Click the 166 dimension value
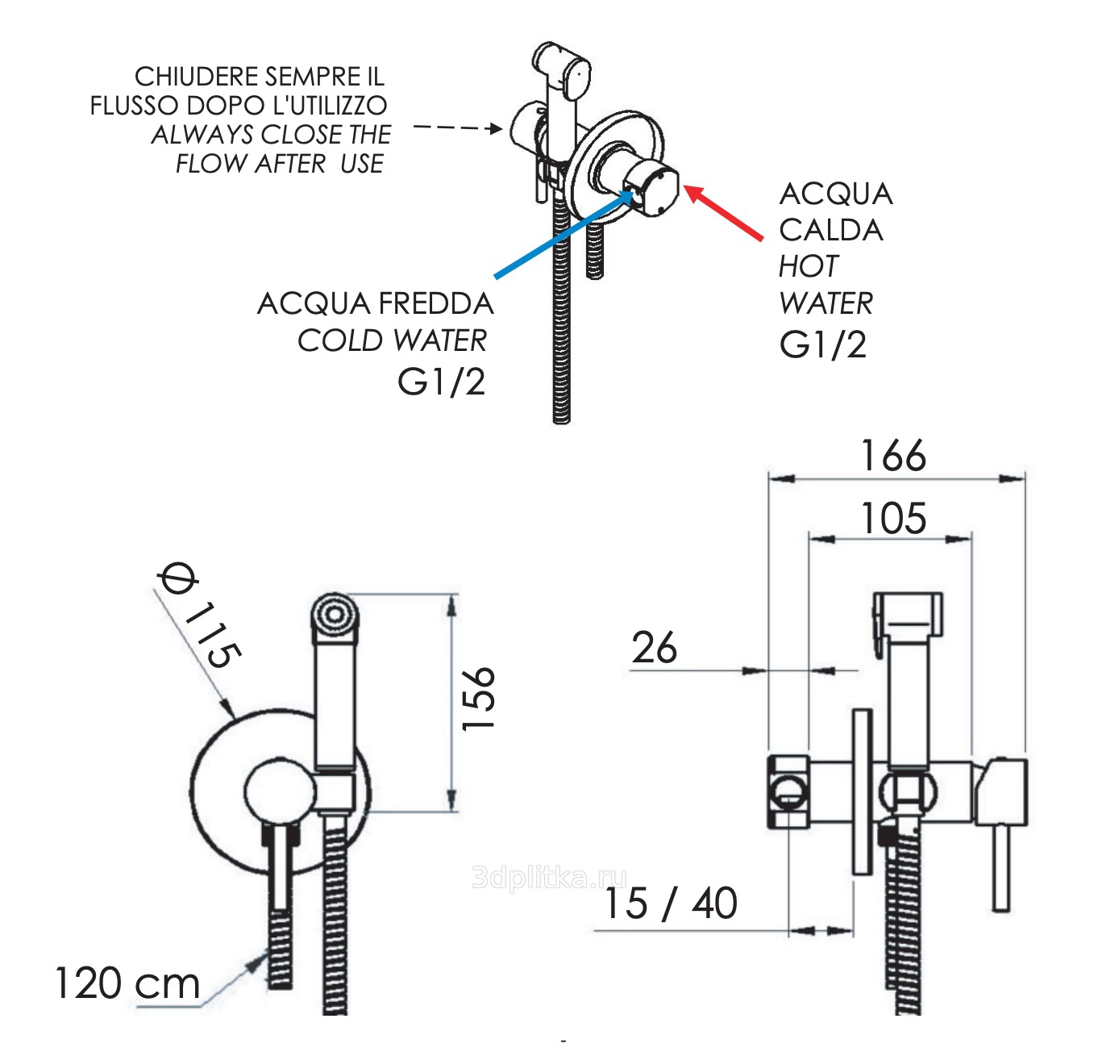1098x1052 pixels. pos(893,456)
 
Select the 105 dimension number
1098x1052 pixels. pos(893,518)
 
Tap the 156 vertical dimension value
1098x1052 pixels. pos(478,699)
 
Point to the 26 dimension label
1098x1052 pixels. pos(654,648)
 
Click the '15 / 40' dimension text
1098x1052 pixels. pos(670,904)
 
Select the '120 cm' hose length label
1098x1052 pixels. pos(127,983)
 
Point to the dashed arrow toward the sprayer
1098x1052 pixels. pos(456,127)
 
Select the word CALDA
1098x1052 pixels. pos(830,231)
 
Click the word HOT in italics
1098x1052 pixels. pos(808,266)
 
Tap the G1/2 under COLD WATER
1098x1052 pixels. pos(442,382)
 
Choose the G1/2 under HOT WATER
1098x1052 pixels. pos(822,344)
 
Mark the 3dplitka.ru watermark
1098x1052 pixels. pos(548,877)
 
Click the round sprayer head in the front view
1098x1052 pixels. pos(333,615)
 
